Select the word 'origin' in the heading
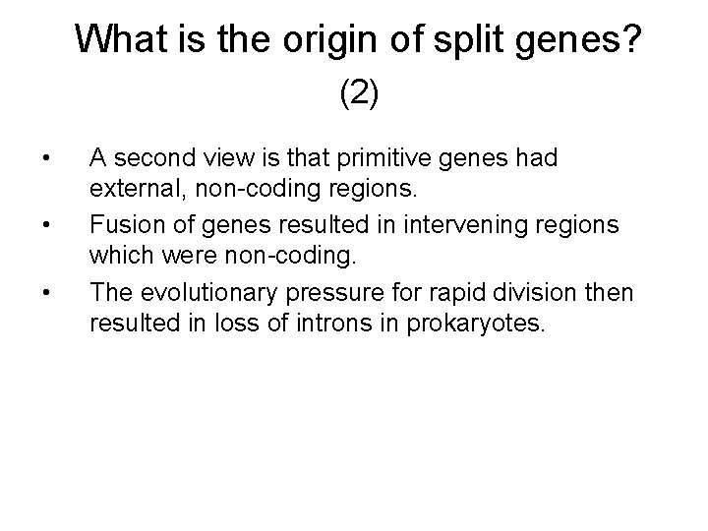tap(331, 38)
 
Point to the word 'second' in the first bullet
tap(157, 156)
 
